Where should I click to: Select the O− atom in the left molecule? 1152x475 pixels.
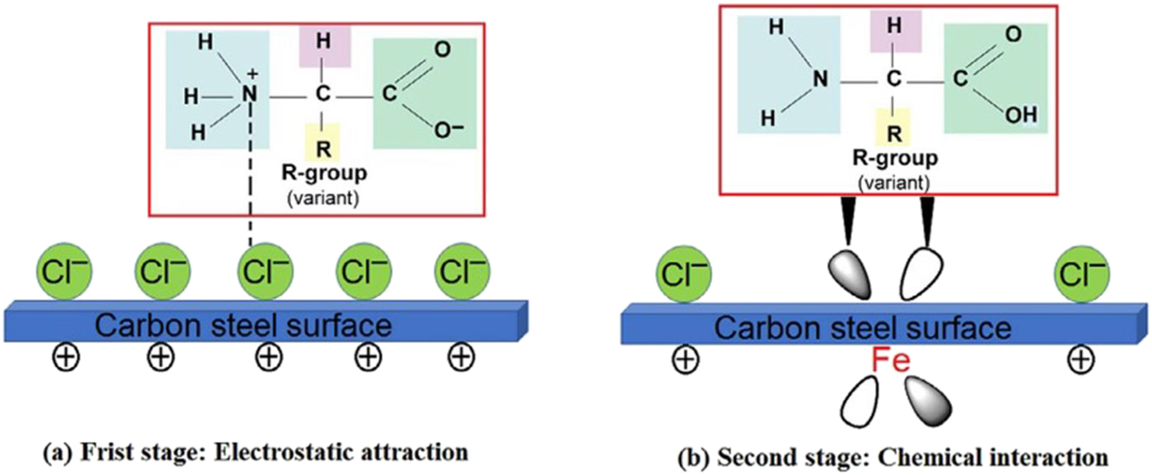click(446, 132)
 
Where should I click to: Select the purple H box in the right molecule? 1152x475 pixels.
click(893, 27)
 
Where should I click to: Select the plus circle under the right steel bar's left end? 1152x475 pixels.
click(685, 358)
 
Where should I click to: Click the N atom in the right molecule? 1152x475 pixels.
click(819, 80)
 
